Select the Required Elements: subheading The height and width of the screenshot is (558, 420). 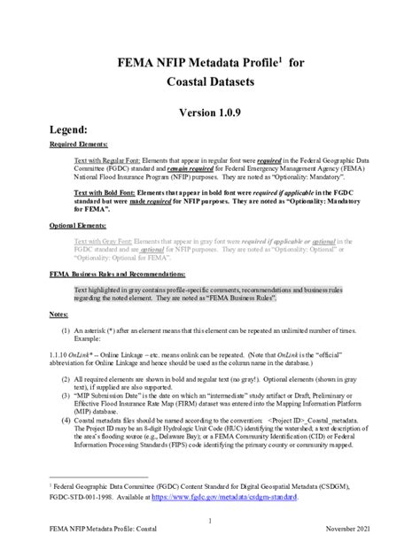point(79,144)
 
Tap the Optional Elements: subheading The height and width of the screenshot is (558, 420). point(78,228)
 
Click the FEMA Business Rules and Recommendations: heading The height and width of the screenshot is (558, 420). point(123,274)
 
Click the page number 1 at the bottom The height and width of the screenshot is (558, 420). point(210,521)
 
